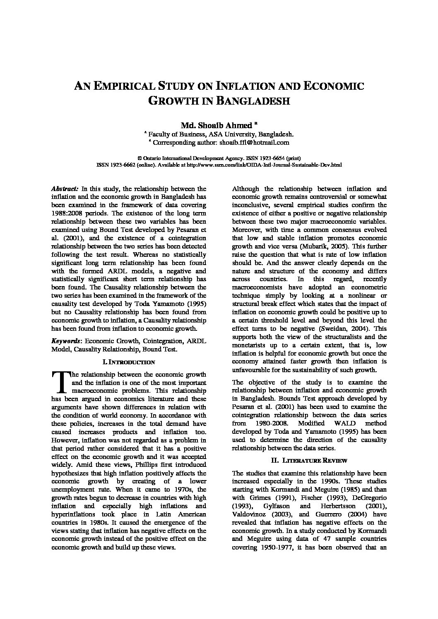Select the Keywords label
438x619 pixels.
coord(65,341)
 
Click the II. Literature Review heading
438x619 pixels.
coord(309,460)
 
